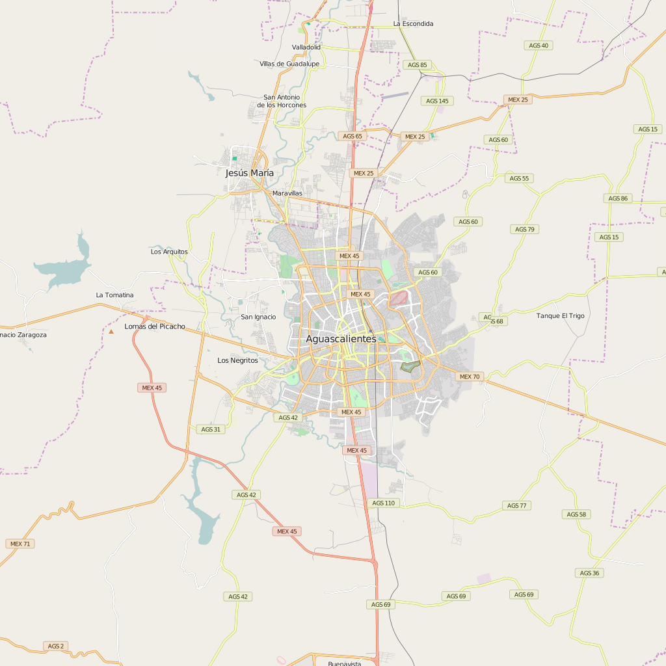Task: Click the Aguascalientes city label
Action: click(341, 339)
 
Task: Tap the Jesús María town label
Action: click(249, 173)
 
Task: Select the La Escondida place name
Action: click(413, 23)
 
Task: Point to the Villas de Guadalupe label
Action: click(289, 64)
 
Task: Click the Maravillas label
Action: click(287, 193)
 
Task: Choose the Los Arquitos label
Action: click(169, 251)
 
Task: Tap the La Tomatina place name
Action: click(114, 295)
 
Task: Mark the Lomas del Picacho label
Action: click(155, 326)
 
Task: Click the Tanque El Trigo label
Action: click(560, 315)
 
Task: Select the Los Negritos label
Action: click(237, 360)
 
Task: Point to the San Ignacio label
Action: click(258, 317)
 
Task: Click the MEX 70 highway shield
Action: click(469, 377)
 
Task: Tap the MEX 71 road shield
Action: click(20, 544)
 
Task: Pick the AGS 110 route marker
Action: click(383, 503)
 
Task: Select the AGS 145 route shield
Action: click(437, 101)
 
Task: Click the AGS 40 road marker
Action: click(539, 46)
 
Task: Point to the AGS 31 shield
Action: click(211, 429)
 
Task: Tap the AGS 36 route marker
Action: click(589, 573)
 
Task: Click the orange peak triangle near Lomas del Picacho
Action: click(111, 332)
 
